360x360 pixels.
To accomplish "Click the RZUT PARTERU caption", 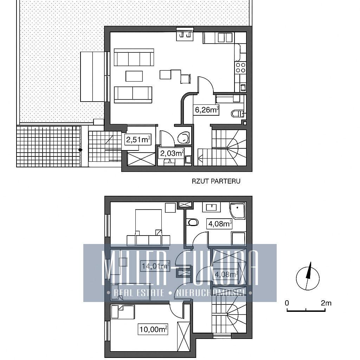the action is [x=216, y=181].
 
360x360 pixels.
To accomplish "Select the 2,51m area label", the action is [x=138, y=140].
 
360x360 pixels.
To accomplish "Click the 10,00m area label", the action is [x=153, y=329].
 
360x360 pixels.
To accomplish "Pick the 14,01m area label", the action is [x=155, y=266].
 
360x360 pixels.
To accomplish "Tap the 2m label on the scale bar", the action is [x=326, y=303].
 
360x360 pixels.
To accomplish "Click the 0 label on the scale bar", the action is [x=287, y=303].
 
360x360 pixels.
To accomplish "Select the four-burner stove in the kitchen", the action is [x=240, y=68].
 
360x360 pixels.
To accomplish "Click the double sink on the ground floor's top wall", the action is [x=185, y=34].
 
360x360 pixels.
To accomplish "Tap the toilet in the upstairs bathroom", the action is [x=193, y=222].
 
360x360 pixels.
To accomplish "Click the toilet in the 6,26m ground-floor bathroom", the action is [x=238, y=114].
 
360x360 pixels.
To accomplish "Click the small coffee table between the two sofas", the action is [x=134, y=76].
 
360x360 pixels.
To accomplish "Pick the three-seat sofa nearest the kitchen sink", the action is [x=134, y=57].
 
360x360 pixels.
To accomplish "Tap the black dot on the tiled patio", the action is [x=80, y=150].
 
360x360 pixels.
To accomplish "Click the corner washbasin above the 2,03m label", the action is [x=184, y=137].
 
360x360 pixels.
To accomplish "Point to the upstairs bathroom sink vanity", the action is [x=211, y=207].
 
